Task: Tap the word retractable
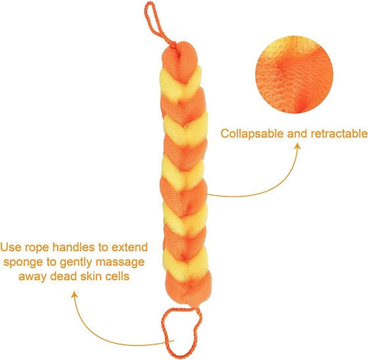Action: tap(339, 134)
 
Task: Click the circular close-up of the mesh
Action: tap(294, 75)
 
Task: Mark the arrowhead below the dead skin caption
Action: tap(74, 294)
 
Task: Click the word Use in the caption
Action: tap(11, 247)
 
